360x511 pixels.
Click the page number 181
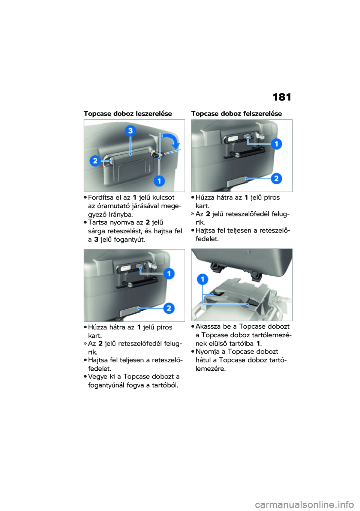point(282,97)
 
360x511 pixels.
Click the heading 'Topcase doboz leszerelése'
point(127,114)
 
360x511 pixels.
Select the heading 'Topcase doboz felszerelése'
point(236,114)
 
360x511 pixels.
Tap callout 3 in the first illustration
point(130,131)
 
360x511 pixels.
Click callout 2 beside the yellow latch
point(95,161)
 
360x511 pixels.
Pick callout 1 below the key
point(159,181)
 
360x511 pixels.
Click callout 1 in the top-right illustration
point(276,144)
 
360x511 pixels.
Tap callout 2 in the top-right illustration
point(276,178)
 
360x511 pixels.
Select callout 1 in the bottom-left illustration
point(169,274)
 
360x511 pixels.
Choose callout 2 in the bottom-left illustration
point(169,308)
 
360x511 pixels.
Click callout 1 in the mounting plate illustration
point(202,279)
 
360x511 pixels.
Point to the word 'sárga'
point(96,231)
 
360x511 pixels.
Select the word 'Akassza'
point(208,327)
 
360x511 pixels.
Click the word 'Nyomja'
point(207,352)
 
